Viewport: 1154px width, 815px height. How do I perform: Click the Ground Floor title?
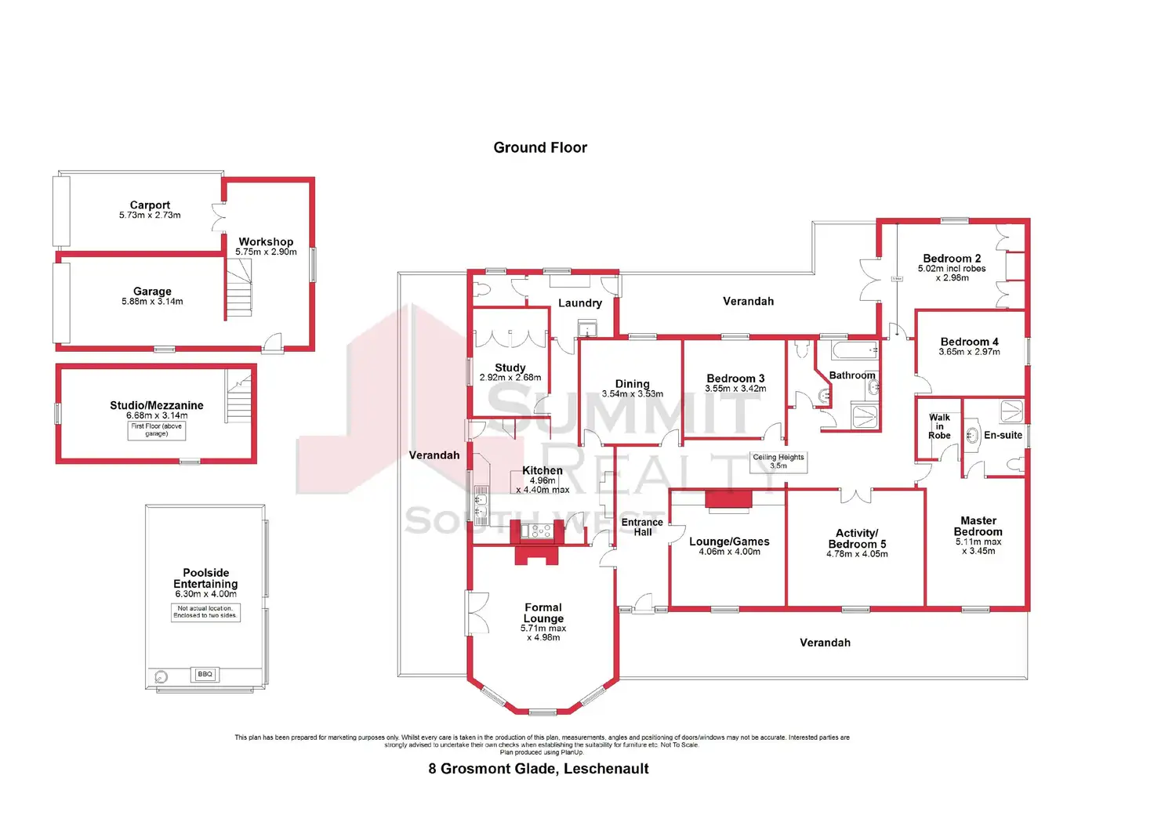540,147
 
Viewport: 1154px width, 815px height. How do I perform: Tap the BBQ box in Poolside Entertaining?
205,674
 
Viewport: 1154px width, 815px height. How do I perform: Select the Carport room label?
150,205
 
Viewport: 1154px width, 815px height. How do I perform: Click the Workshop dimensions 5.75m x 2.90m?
266,252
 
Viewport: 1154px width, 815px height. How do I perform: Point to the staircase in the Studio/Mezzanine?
239,397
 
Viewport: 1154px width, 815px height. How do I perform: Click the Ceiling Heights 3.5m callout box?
778,462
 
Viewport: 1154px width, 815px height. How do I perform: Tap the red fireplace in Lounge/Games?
728,499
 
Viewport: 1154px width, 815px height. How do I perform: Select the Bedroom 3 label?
735,378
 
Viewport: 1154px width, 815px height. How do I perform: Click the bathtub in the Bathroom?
855,350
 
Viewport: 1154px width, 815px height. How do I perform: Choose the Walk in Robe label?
939,426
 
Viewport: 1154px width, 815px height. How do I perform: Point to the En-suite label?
1003,435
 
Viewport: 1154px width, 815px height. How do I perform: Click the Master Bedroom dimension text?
978,546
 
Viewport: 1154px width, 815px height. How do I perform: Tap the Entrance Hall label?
642,527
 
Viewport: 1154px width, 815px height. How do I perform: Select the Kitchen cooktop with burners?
541,531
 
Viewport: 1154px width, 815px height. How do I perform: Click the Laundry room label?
579,302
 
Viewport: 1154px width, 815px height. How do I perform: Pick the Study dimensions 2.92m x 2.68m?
510,378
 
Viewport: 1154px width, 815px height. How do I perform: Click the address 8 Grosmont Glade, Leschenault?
539,769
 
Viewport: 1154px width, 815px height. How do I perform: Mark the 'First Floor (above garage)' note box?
157,430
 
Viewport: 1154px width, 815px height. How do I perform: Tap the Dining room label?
632,383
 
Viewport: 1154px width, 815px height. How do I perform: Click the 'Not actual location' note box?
205,612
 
